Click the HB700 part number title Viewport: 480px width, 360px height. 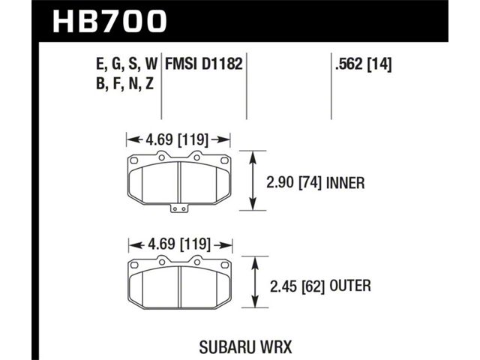click(109, 22)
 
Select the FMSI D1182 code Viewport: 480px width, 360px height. click(204, 64)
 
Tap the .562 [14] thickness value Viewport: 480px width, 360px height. click(363, 64)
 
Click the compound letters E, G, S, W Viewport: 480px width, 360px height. click(127, 64)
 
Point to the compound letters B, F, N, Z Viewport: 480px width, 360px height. click(124, 84)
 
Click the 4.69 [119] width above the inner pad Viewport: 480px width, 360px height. click(177, 139)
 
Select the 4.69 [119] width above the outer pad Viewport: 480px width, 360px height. click(179, 244)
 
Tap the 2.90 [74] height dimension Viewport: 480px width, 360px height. click(293, 183)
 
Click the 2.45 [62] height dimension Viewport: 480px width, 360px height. click(297, 286)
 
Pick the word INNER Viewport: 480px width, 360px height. click(346, 183)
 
